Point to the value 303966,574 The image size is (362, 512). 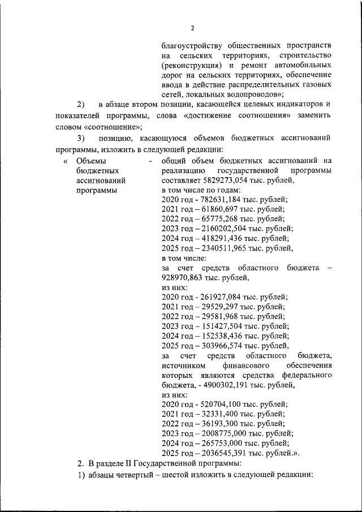tap(219, 346)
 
